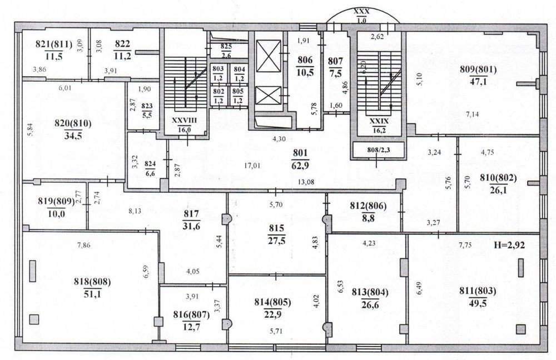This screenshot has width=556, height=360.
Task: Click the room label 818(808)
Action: click(x=92, y=282)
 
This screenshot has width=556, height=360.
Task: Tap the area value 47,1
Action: click(x=478, y=82)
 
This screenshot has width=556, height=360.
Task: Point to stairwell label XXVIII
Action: click(x=185, y=121)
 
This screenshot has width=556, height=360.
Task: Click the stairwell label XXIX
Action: click(x=379, y=121)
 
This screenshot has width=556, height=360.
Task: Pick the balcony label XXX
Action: click(x=362, y=12)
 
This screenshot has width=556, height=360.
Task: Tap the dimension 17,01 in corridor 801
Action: click(x=252, y=165)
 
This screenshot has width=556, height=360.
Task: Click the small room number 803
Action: click(x=218, y=69)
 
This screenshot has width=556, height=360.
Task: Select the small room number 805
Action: click(x=238, y=91)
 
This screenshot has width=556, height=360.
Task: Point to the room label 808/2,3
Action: click(x=378, y=149)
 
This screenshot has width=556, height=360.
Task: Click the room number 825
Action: click(x=226, y=46)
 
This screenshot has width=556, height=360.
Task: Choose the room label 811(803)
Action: click(x=478, y=291)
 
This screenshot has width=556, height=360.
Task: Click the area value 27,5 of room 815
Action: click(x=276, y=241)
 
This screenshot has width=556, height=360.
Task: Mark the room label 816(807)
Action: click(x=191, y=314)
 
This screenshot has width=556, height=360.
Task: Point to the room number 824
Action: click(x=150, y=164)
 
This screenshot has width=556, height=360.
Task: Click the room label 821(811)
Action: click(x=54, y=44)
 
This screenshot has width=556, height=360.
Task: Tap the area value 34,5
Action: click(x=73, y=136)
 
